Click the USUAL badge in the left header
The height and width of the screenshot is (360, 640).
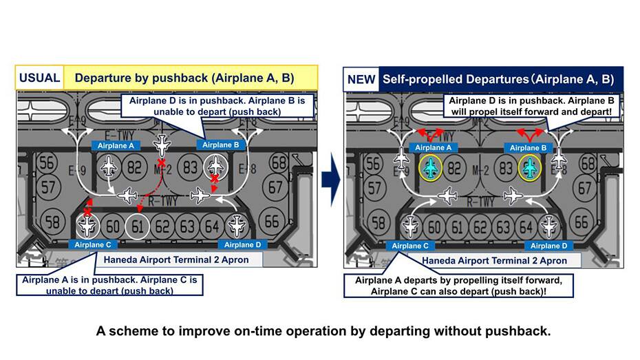point(39,78)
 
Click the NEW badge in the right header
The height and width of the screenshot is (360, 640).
point(361,79)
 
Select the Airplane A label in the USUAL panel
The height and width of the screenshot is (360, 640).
point(116,145)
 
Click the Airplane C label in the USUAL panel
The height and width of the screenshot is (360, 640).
point(93,244)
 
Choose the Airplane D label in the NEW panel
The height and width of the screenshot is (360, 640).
point(549,246)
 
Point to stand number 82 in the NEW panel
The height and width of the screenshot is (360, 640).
point(454,169)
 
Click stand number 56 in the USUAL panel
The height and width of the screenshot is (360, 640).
point(47,163)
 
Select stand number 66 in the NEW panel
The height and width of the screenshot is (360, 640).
point(581,221)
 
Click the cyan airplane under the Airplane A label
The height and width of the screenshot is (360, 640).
point(431,169)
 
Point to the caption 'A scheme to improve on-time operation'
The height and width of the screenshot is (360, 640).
point(323,330)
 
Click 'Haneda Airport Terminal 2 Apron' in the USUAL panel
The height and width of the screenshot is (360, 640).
point(175,260)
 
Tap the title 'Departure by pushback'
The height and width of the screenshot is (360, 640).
point(184,78)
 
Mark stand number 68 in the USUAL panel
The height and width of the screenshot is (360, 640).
point(279,163)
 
